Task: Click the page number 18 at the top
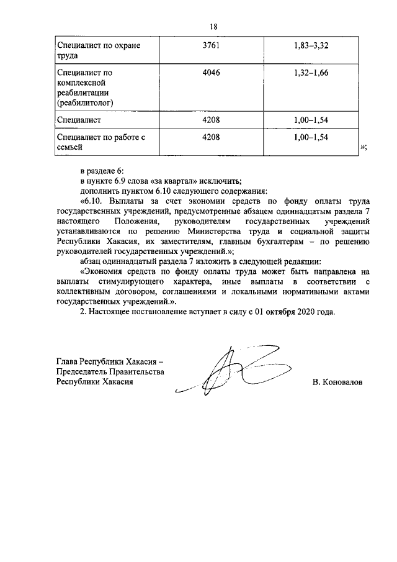click(213, 26)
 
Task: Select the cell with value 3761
click(212, 45)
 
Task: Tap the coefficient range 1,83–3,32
click(311, 45)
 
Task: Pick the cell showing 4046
click(212, 73)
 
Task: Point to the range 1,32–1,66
click(311, 73)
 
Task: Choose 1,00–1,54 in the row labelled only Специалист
click(311, 117)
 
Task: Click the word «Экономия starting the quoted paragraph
click(102, 271)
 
